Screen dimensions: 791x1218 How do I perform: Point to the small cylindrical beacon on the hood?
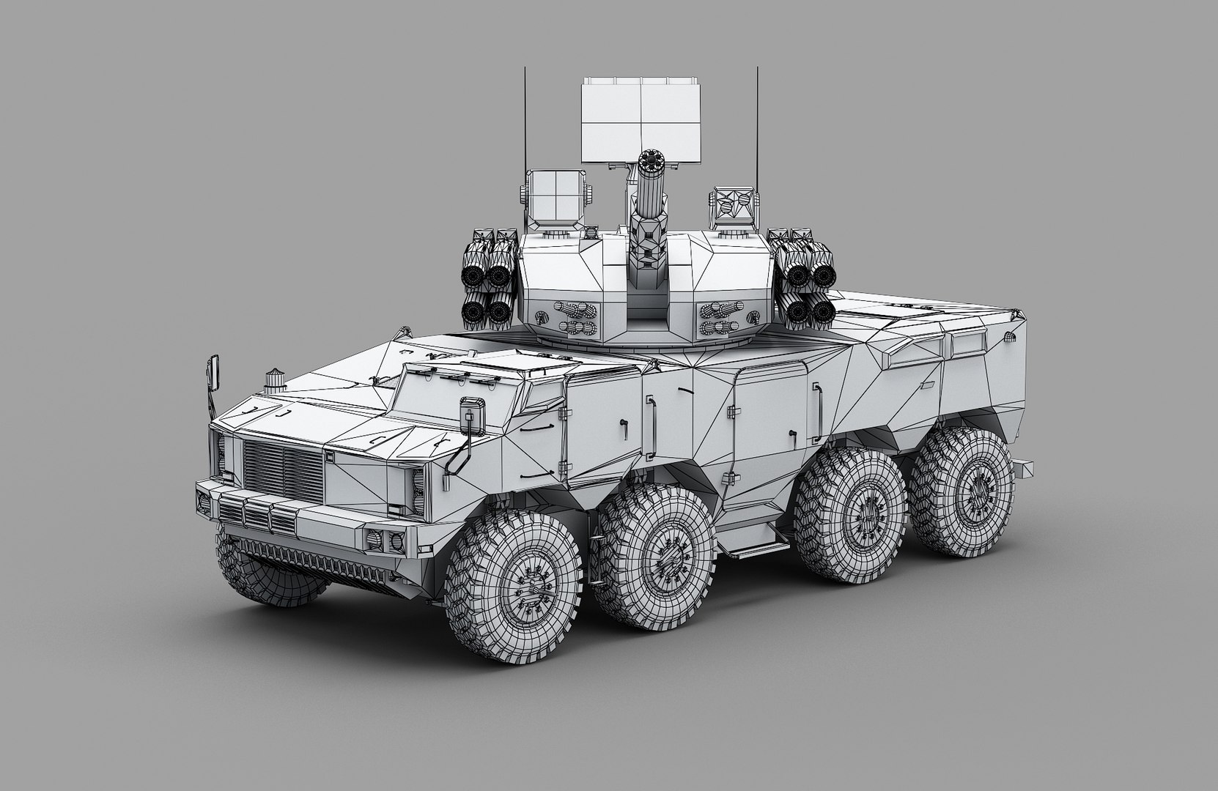click(275, 379)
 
